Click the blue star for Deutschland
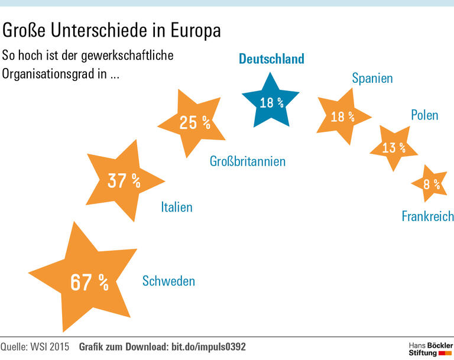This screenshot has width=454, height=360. pyautogui.click(x=271, y=102)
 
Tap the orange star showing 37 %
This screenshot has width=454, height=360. pyautogui.click(x=123, y=181)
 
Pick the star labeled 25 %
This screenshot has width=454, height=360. pyautogui.click(x=194, y=122)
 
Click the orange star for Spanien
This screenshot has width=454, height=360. pyautogui.click(x=342, y=116)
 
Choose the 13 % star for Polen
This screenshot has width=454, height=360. pyautogui.click(x=393, y=147)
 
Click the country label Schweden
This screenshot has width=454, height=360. pyautogui.click(x=168, y=281)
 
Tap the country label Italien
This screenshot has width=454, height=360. pyautogui.click(x=177, y=207)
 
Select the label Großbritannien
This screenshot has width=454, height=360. pyautogui.click(x=248, y=161)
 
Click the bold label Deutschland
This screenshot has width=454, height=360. pyautogui.click(x=271, y=59)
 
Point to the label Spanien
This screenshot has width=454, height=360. pyautogui.click(x=372, y=78)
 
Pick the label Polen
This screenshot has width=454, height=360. pyautogui.click(x=424, y=115)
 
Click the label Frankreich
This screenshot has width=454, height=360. pyautogui.click(x=427, y=216)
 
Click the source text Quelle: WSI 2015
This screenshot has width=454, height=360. pyautogui.click(x=35, y=346)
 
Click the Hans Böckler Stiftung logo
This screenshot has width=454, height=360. pyautogui.click(x=430, y=348)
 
